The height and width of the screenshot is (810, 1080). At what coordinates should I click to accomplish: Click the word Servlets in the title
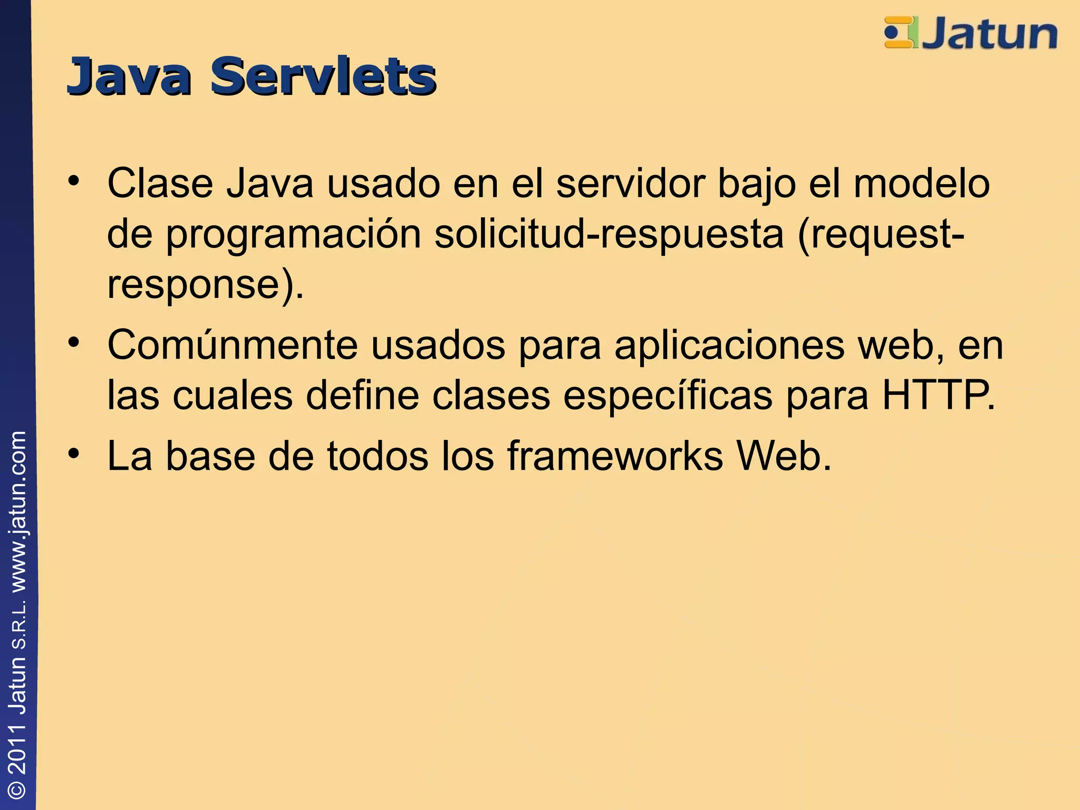coord(323,77)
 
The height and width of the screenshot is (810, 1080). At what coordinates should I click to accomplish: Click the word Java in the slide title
coord(129,77)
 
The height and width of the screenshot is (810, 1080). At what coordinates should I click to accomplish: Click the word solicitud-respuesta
coord(609,234)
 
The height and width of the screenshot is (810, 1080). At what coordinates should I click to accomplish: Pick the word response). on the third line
coord(205,285)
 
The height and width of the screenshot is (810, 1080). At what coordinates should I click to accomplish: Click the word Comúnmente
coord(233,345)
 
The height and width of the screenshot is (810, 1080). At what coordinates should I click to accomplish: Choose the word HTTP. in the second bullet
coord(939,396)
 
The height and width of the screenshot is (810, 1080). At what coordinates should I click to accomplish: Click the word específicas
coord(668,396)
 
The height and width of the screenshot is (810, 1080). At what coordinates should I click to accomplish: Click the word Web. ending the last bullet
coord(784,456)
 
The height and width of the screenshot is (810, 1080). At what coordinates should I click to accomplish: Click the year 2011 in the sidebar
coord(18,749)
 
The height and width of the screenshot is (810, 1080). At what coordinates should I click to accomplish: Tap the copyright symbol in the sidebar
coord(18,789)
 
